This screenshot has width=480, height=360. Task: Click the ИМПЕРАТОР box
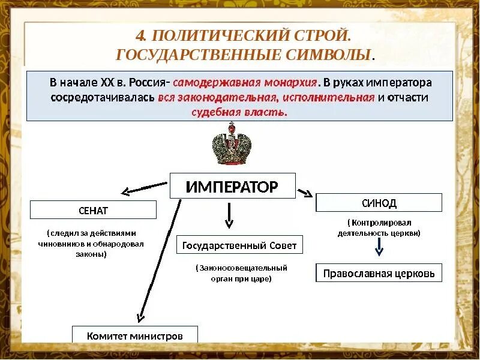click(x=232, y=186)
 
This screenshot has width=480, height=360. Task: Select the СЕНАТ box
click(x=93, y=210)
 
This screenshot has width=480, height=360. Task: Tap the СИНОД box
click(x=379, y=203)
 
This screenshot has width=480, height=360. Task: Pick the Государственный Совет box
click(x=239, y=245)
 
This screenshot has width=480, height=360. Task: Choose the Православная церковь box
click(x=379, y=273)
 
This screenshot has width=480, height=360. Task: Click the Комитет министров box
click(x=134, y=335)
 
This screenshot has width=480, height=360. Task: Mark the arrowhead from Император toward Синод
click(x=307, y=193)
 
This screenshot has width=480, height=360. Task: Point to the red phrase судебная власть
click(x=239, y=112)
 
